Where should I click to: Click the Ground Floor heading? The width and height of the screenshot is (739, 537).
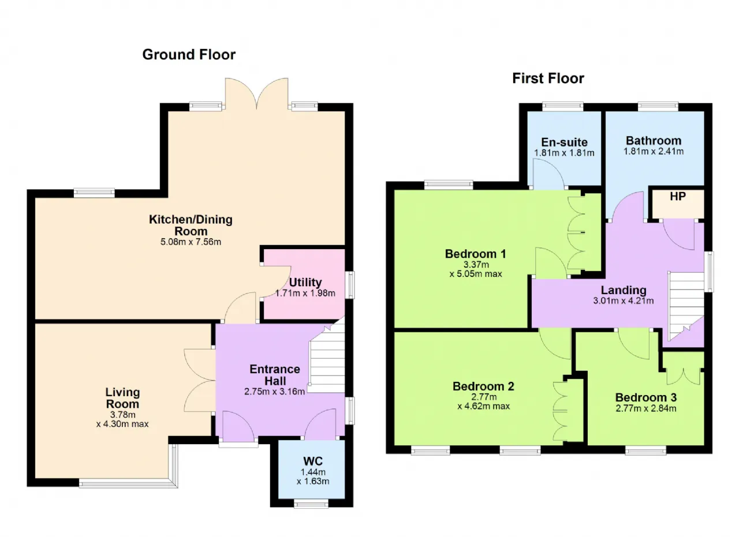189,55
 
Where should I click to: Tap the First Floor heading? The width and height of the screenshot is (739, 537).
548,78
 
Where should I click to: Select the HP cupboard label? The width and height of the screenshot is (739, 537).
678,197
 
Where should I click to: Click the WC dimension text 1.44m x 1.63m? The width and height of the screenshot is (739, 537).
313,476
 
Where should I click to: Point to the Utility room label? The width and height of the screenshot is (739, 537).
305,283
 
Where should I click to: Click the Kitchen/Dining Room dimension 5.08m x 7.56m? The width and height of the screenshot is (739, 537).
191,242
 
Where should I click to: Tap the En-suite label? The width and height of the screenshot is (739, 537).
564,142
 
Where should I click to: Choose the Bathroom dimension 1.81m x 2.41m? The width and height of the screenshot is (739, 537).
653,151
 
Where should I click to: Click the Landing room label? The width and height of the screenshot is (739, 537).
623,290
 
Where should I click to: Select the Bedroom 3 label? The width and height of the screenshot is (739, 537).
645,397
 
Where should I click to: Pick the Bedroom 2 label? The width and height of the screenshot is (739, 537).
483,386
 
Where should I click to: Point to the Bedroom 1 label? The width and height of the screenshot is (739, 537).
475,254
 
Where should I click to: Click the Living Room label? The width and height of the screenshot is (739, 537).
122,398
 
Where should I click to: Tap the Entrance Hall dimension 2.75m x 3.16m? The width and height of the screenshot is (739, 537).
274,392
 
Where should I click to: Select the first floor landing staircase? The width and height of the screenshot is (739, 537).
686,306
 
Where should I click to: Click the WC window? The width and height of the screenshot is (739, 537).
311,504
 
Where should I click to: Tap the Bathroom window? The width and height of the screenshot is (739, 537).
658,107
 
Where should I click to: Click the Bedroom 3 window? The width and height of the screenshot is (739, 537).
645,450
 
